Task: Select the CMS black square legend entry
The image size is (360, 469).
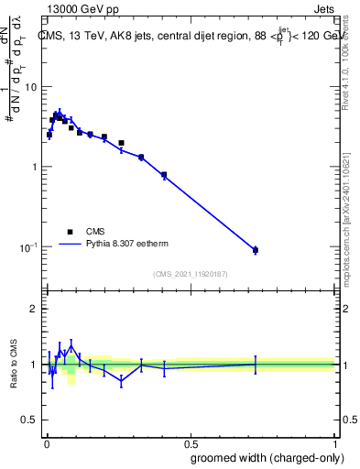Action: click(70, 232)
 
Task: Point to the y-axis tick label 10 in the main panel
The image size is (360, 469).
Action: click(29, 86)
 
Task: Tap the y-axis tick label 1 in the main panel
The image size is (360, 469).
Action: click(32, 167)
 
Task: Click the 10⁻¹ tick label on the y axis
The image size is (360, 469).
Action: click(27, 247)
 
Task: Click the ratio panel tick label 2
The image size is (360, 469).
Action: click(32, 309)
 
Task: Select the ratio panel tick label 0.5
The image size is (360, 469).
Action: click(27, 420)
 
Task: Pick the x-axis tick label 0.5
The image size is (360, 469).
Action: click(190, 444)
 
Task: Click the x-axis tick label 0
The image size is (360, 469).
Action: click(45, 444)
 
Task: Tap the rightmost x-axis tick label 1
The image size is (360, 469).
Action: click(334, 444)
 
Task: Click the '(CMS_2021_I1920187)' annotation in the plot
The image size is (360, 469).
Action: click(190, 274)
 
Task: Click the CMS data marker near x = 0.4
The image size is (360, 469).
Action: click(164, 174)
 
